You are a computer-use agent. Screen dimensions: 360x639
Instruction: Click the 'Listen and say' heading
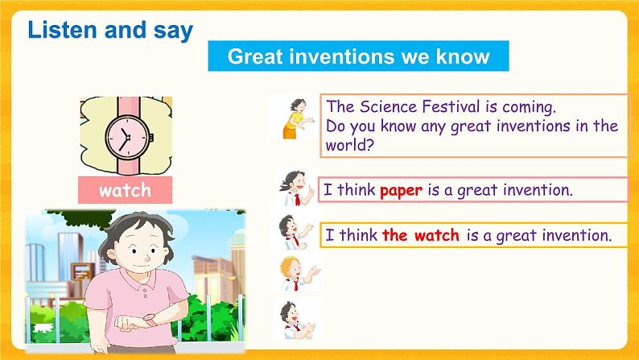coord(110,31)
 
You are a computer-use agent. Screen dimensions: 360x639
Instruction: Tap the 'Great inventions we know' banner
coord(358,56)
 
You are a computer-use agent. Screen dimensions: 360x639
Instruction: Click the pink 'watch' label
coord(125,190)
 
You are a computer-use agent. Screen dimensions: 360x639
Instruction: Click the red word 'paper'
coord(401,191)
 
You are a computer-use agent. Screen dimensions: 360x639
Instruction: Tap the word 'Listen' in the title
coord(59,31)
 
